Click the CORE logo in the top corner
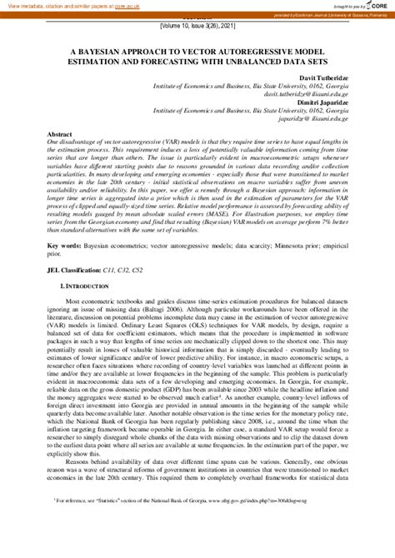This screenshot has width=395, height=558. tap(377, 7)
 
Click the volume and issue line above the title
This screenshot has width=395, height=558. tap(197, 27)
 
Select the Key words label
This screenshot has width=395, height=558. tap(65, 245)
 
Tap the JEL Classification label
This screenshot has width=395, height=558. tap(75, 271)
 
